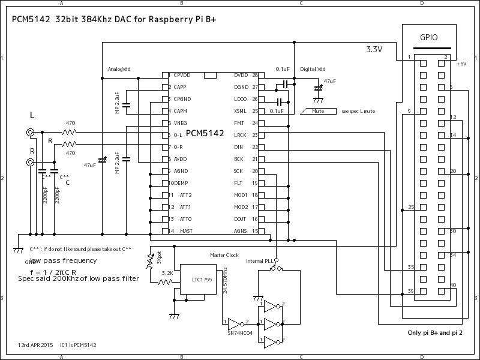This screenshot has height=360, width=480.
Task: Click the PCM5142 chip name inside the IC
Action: pos(205,133)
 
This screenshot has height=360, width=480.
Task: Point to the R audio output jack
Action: pos(30,162)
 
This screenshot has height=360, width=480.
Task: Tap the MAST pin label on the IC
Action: pos(185,231)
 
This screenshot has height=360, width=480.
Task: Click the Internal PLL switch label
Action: pos(259,261)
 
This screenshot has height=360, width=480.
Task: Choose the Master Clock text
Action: pos(224,255)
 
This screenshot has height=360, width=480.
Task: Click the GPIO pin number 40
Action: pos(453,285)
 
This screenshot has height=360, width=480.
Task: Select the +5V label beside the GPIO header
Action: pos(461,64)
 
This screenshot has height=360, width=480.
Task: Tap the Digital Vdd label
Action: pos(313,69)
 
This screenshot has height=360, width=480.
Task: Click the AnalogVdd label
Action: pos(119,69)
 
